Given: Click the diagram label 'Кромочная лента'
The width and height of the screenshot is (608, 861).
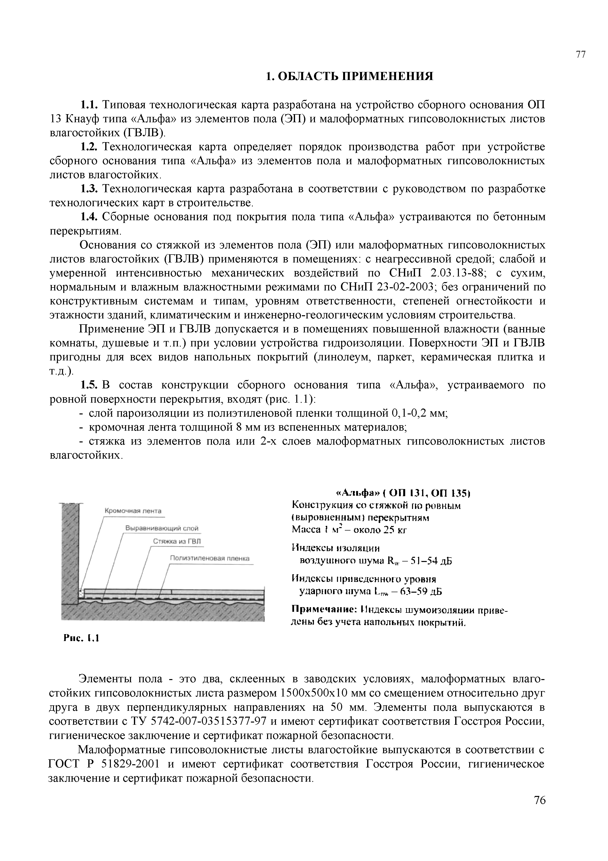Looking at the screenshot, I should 133,511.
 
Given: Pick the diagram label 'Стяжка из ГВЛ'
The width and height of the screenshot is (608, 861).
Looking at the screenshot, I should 177,542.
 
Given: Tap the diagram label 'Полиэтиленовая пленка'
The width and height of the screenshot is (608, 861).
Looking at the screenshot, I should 210,558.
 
